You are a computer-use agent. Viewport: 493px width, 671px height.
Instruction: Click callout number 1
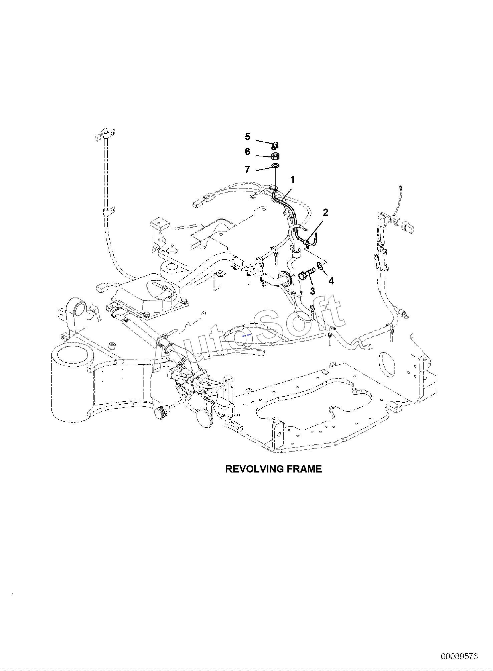[292, 180]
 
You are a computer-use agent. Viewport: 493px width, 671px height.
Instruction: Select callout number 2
[325, 213]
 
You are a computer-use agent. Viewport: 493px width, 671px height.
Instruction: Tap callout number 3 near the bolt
[312, 291]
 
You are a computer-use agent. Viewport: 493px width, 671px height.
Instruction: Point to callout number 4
[331, 281]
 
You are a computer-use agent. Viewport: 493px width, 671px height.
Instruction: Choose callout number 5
[247, 137]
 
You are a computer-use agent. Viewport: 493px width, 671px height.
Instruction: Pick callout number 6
[247, 152]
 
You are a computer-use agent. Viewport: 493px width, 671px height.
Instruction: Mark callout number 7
[247, 170]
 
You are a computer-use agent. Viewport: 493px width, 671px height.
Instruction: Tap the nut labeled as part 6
[275, 156]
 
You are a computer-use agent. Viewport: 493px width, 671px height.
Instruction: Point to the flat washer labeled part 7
[275, 166]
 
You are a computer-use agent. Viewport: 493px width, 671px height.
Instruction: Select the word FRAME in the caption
[304, 469]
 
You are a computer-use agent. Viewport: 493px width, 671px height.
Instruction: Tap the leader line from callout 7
[265, 168]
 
